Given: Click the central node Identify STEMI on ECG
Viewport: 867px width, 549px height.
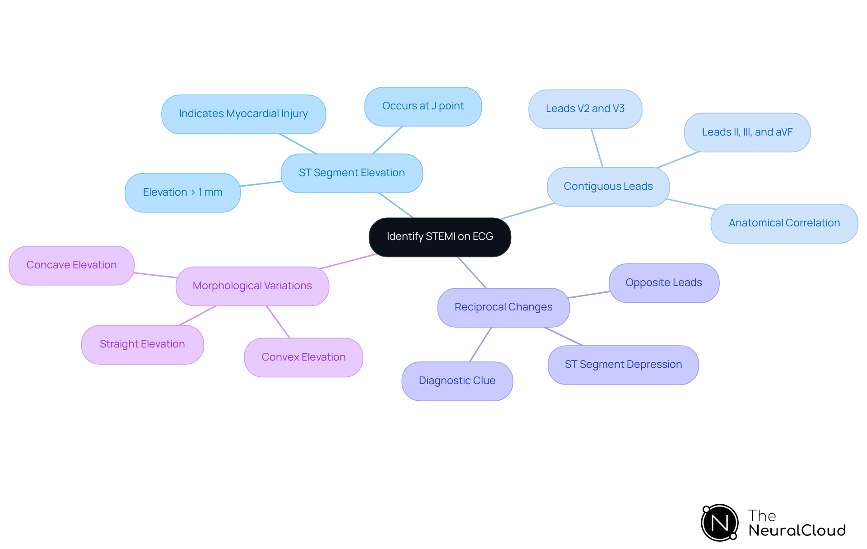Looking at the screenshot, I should [440, 237].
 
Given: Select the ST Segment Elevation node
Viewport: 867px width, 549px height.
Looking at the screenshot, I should [352, 173].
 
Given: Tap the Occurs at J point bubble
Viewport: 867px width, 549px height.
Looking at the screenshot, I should [423, 106].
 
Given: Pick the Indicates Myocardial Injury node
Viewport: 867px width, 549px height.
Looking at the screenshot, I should [243, 114].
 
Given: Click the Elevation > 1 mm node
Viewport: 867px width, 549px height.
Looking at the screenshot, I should [182, 192].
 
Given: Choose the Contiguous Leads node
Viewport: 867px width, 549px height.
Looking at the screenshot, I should [608, 187].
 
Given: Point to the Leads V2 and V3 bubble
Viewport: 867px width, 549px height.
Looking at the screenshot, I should [585, 109].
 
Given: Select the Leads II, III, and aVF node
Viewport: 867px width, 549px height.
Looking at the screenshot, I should [747, 132].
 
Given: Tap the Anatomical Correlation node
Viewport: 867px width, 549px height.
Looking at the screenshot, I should [784, 223].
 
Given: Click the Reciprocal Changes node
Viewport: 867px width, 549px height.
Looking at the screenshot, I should [503, 307].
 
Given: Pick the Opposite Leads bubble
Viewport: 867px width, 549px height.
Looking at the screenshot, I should [663, 283].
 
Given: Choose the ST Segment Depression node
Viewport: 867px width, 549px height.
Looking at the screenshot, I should [623, 365].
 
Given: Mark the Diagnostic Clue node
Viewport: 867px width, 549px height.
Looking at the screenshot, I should [457, 381].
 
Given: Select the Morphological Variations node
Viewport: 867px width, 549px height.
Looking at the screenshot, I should [252, 286].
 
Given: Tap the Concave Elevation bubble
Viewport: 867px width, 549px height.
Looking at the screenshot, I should [71, 265].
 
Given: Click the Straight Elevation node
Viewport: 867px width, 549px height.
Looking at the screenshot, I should [142, 344].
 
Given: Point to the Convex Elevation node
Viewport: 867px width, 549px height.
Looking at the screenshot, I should [303, 357].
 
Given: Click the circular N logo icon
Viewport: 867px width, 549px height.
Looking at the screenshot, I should [720, 523].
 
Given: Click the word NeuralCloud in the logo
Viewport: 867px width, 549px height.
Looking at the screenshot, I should [797, 530].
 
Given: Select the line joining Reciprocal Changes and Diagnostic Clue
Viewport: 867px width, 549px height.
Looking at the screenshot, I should [480, 344].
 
